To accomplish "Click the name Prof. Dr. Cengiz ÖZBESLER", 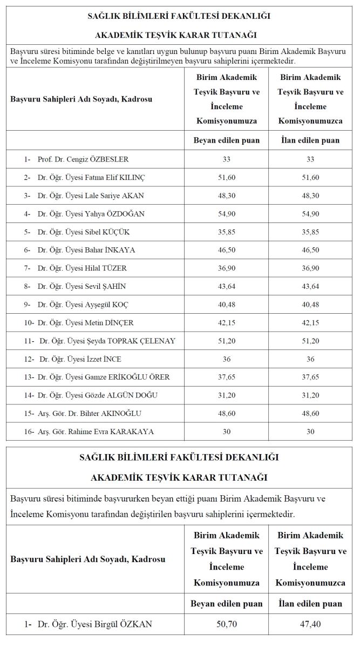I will [83, 159].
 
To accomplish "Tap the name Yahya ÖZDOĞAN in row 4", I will [91, 214].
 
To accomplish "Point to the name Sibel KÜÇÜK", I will [84, 232].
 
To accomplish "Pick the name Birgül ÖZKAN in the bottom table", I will [95, 624].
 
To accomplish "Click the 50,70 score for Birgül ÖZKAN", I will [227, 624].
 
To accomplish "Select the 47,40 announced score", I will [310, 624].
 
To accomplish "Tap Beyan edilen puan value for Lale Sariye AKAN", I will [227, 195].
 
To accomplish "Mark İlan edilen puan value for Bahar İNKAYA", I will [310, 250].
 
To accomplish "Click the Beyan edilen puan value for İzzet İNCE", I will [227, 359].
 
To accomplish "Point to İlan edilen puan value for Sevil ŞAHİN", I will [310, 286].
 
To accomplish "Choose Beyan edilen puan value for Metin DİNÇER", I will [227, 323].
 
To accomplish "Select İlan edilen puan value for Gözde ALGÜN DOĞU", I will [310, 395].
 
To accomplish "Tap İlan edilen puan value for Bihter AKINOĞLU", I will [310, 413].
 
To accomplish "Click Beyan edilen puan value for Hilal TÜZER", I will [227, 268].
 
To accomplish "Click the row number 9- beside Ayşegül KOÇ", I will [28, 305].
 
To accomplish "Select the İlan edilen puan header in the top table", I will [310, 140].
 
